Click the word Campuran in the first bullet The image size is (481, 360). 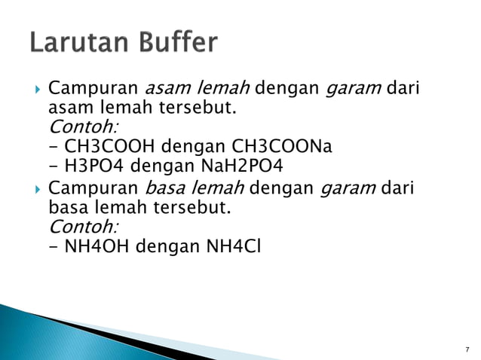point(93,90)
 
